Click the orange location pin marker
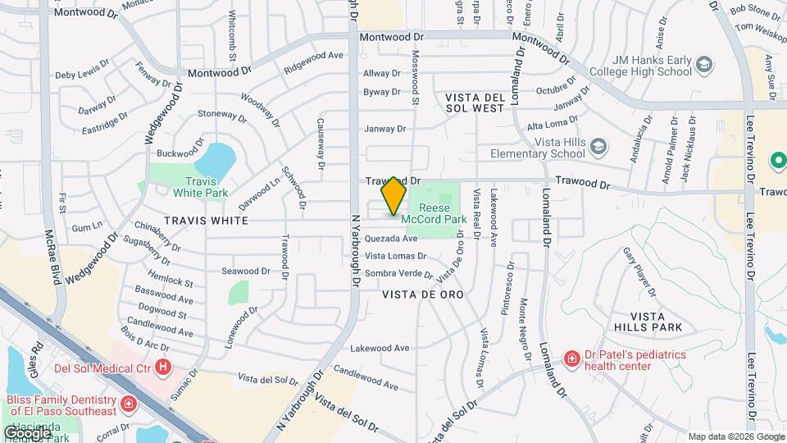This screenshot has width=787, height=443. pyautogui.click(x=394, y=194)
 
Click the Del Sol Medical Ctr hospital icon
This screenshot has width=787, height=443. pyautogui.click(x=164, y=367)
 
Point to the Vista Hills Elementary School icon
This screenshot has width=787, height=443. pyautogui.click(x=600, y=147)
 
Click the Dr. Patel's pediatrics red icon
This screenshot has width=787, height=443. pyautogui.click(x=571, y=359)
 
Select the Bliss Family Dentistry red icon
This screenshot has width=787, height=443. pyautogui.click(x=128, y=404)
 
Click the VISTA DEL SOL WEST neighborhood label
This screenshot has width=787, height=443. pyautogui.click(x=475, y=103)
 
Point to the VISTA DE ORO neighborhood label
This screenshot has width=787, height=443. pyautogui.click(x=423, y=294)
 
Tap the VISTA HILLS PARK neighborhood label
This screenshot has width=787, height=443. pyautogui.click(x=656, y=322)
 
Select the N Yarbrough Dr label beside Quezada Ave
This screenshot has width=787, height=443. pyautogui.click(x=356, y=250)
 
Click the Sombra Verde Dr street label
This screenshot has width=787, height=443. pyautogui.click(x=398, y=272)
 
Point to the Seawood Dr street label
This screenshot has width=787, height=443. pyautogui.click(x=246, y=271)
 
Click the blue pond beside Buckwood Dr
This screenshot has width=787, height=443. pyautogui.click(x=217, y=158)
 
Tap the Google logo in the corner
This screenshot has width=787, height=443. pyautogui.click(x=28, y=432)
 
